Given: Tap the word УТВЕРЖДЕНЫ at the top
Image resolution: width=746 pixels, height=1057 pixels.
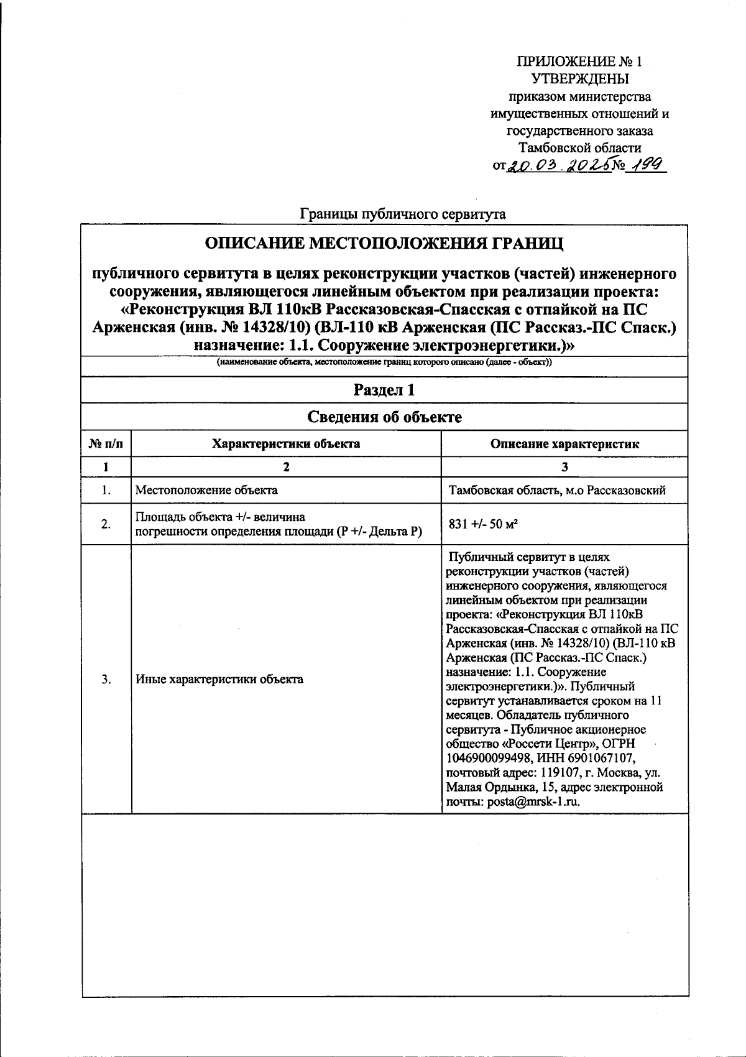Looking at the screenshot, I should tap(580, 79).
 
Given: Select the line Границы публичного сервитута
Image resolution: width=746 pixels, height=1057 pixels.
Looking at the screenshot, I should tap(403, 215).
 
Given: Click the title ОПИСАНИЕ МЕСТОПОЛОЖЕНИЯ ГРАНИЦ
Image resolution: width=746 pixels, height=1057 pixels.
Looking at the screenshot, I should tap(384, 243).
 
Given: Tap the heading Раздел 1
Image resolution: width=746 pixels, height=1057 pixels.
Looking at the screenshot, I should tap(384, 390).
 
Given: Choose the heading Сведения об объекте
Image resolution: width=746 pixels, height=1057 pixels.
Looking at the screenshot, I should tap(384, 417).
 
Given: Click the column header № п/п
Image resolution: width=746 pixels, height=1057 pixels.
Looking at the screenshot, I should tap(106, 444).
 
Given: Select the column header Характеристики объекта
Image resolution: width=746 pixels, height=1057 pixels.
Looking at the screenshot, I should tap(286, 444).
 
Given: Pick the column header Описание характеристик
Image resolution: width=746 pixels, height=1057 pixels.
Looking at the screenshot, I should tap(564, 444).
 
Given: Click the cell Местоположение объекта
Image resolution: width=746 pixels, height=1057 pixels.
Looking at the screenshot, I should tap(207, 490).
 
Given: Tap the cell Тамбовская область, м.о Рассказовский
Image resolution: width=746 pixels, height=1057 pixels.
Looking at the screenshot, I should tap(557, 490).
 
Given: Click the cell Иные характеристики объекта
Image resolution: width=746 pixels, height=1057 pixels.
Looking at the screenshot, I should tap(219, 679).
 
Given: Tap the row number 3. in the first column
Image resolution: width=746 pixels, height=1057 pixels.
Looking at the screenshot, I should tap(106, 679).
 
